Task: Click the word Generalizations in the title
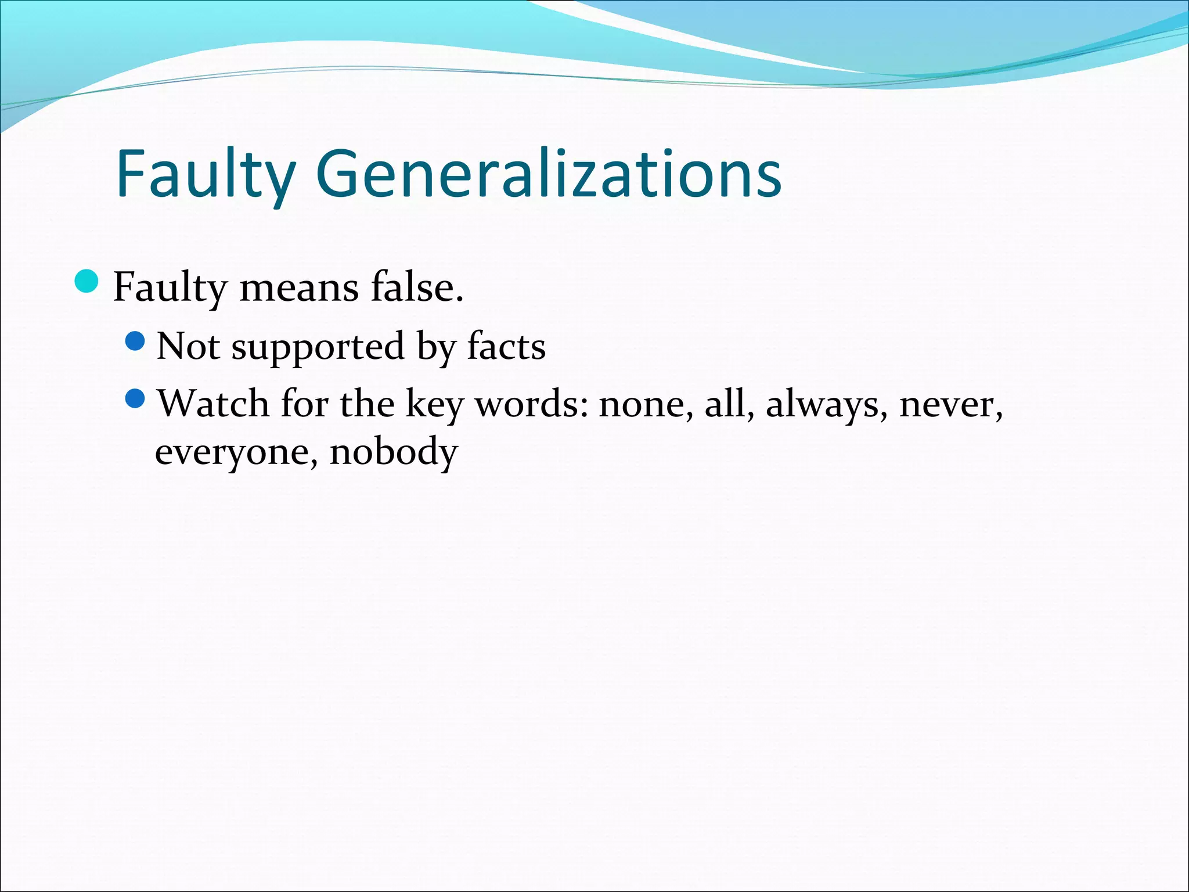(549, 174)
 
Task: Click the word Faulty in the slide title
(206, 174)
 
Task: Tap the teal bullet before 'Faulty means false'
(87, 282)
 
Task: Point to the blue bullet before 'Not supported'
(135, 341)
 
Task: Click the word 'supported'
(318, 347)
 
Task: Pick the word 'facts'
(506, 346)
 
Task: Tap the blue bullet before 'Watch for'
(135, 398)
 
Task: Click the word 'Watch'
(213, 403)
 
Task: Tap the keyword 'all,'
(729, 403)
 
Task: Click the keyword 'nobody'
(394, 452)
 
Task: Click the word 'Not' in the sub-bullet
(189, 346)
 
